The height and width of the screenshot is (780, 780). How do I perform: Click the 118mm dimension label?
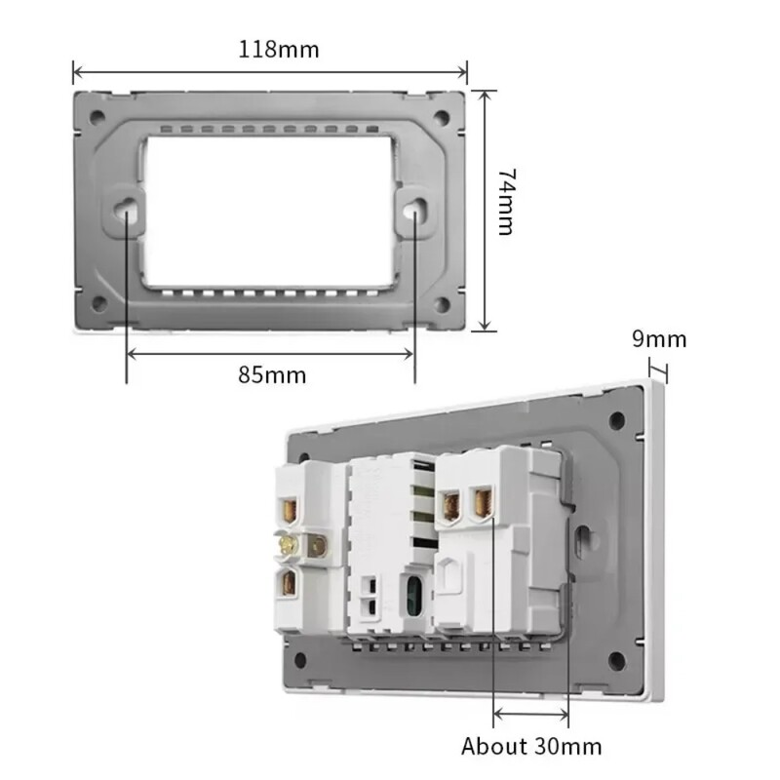point(279,49)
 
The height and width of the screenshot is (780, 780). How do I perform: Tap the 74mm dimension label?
point(505,201)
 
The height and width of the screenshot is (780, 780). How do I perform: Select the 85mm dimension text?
point(272,374)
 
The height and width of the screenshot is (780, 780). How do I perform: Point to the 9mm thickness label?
point(659,339)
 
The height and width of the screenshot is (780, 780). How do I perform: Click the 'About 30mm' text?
point(531,747)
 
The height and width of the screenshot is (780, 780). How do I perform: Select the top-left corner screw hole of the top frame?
point(97,118)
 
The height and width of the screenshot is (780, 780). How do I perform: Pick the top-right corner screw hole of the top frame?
point(442,118)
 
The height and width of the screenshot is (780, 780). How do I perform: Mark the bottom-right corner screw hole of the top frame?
point(442,304)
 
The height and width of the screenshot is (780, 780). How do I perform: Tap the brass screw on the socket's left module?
point(290,547)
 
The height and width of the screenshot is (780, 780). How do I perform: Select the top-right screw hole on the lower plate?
point(616,421)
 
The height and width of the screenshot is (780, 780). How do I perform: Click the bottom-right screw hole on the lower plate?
point(615,661)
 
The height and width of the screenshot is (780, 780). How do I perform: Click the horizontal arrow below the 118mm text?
point(270,71)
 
